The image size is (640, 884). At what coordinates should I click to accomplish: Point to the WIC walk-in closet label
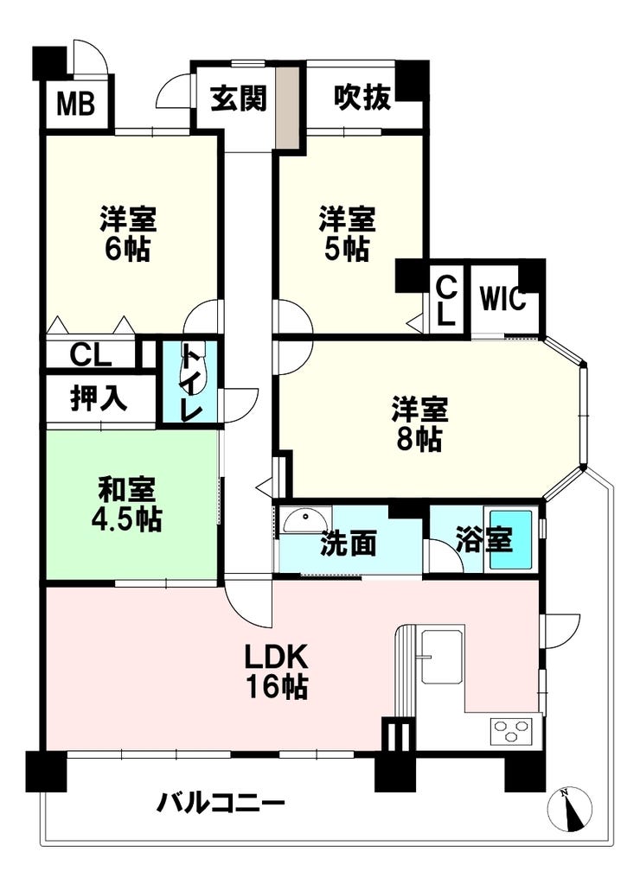(502, 300)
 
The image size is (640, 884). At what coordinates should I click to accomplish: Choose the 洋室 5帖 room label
(347, 232)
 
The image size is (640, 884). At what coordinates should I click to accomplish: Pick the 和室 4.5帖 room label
(127, 506)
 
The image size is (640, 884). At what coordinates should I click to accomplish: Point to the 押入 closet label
(99, 399)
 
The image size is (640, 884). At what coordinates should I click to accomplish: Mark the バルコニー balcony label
(221, 804)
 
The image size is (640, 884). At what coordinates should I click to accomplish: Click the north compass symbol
(570, 810)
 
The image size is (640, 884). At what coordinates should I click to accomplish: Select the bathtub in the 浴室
(512, 539)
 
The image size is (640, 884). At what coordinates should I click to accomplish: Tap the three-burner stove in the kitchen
(514, 732)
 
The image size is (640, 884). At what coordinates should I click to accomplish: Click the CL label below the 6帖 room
(90, 354)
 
